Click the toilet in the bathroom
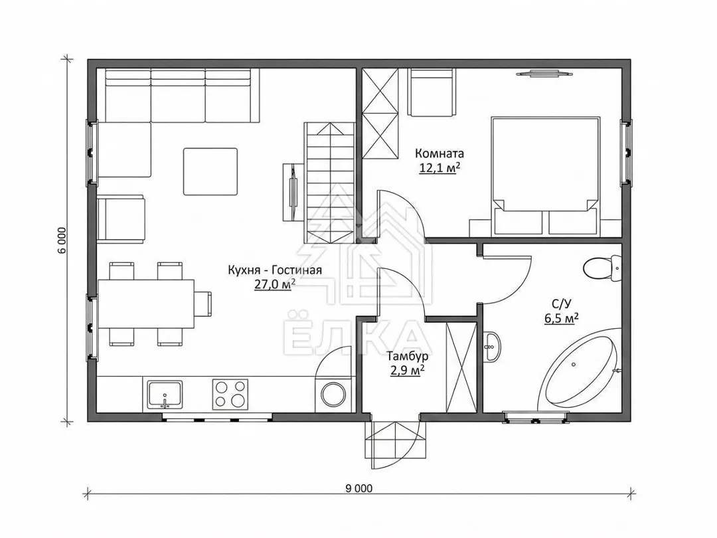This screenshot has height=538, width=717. (x=603, y=269)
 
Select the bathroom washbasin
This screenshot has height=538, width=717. (x=491, y=346)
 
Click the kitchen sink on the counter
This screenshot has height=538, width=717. (x=165, y=395)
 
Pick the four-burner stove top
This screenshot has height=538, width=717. (x=230, y=394)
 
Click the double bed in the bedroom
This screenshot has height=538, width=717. (x=545, y=176)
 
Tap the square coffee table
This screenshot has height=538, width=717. (x=210, y=171)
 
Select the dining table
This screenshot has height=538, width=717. (x=146, y=304)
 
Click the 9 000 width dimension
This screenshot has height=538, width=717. (x=359, y=489)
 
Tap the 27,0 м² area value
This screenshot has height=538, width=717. (x=274, y=284)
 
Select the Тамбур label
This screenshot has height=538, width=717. (x=408, y=356)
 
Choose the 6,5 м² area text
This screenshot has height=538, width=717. (x=561, y=318)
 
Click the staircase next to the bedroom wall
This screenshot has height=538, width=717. (x=330, y=183)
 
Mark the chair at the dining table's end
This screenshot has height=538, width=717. (x=204, y=304)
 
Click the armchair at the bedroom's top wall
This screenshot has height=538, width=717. (x=432, y=92)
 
